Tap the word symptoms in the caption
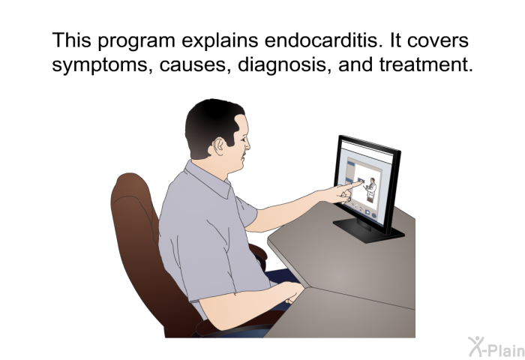[x=100, y=65]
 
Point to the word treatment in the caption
[x=426, y=64]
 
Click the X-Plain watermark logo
[x=496, y=346]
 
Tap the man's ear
[x=219, y=146]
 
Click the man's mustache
[x=244, y=154]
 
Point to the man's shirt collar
[x=208, y=179]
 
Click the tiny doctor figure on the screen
[x=370, y=190]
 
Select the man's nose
[x=247, y=144]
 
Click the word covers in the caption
[x=437, y=40]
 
